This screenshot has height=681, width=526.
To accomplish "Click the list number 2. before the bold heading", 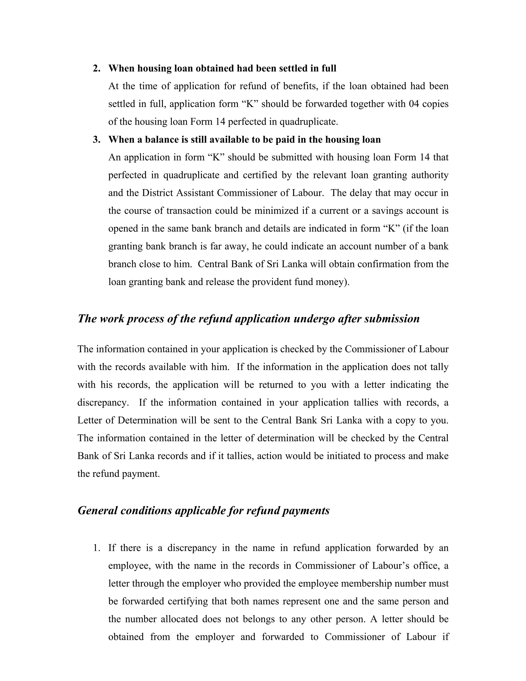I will (x=97, y=68).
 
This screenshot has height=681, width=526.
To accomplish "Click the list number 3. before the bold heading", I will (x=97, y=139).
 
